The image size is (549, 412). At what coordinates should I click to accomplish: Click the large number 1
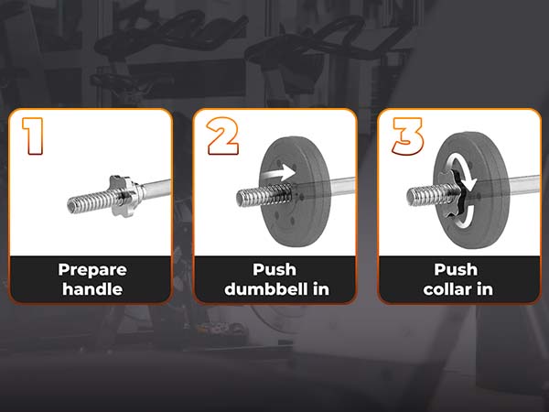tap(35, 135)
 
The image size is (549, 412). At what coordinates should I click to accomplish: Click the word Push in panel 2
tap(274, 270)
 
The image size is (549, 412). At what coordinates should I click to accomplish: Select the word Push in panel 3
tap(457, 270)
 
